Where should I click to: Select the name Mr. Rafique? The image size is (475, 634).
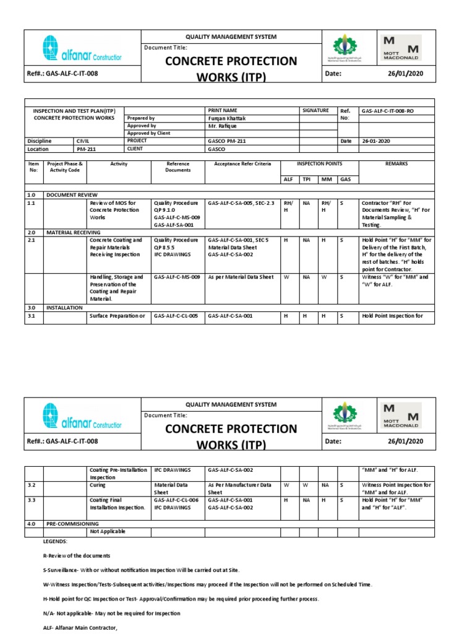click(x=222, y=126)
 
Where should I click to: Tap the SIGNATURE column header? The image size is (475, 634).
click(x=315, y=110)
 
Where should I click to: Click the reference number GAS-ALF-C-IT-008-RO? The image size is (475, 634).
click(x=388, y=110)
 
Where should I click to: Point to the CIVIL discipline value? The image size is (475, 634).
click(x=82, y=141)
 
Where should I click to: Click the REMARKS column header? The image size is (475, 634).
click(x=396, y=164)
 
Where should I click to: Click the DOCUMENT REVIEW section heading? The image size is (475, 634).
click(x=72, y=194)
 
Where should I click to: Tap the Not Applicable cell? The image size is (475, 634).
click(x=108, y=531)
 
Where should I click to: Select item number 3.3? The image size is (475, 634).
click(x=32, y=500)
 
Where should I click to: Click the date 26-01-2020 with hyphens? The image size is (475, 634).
click(x=377, y=141)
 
